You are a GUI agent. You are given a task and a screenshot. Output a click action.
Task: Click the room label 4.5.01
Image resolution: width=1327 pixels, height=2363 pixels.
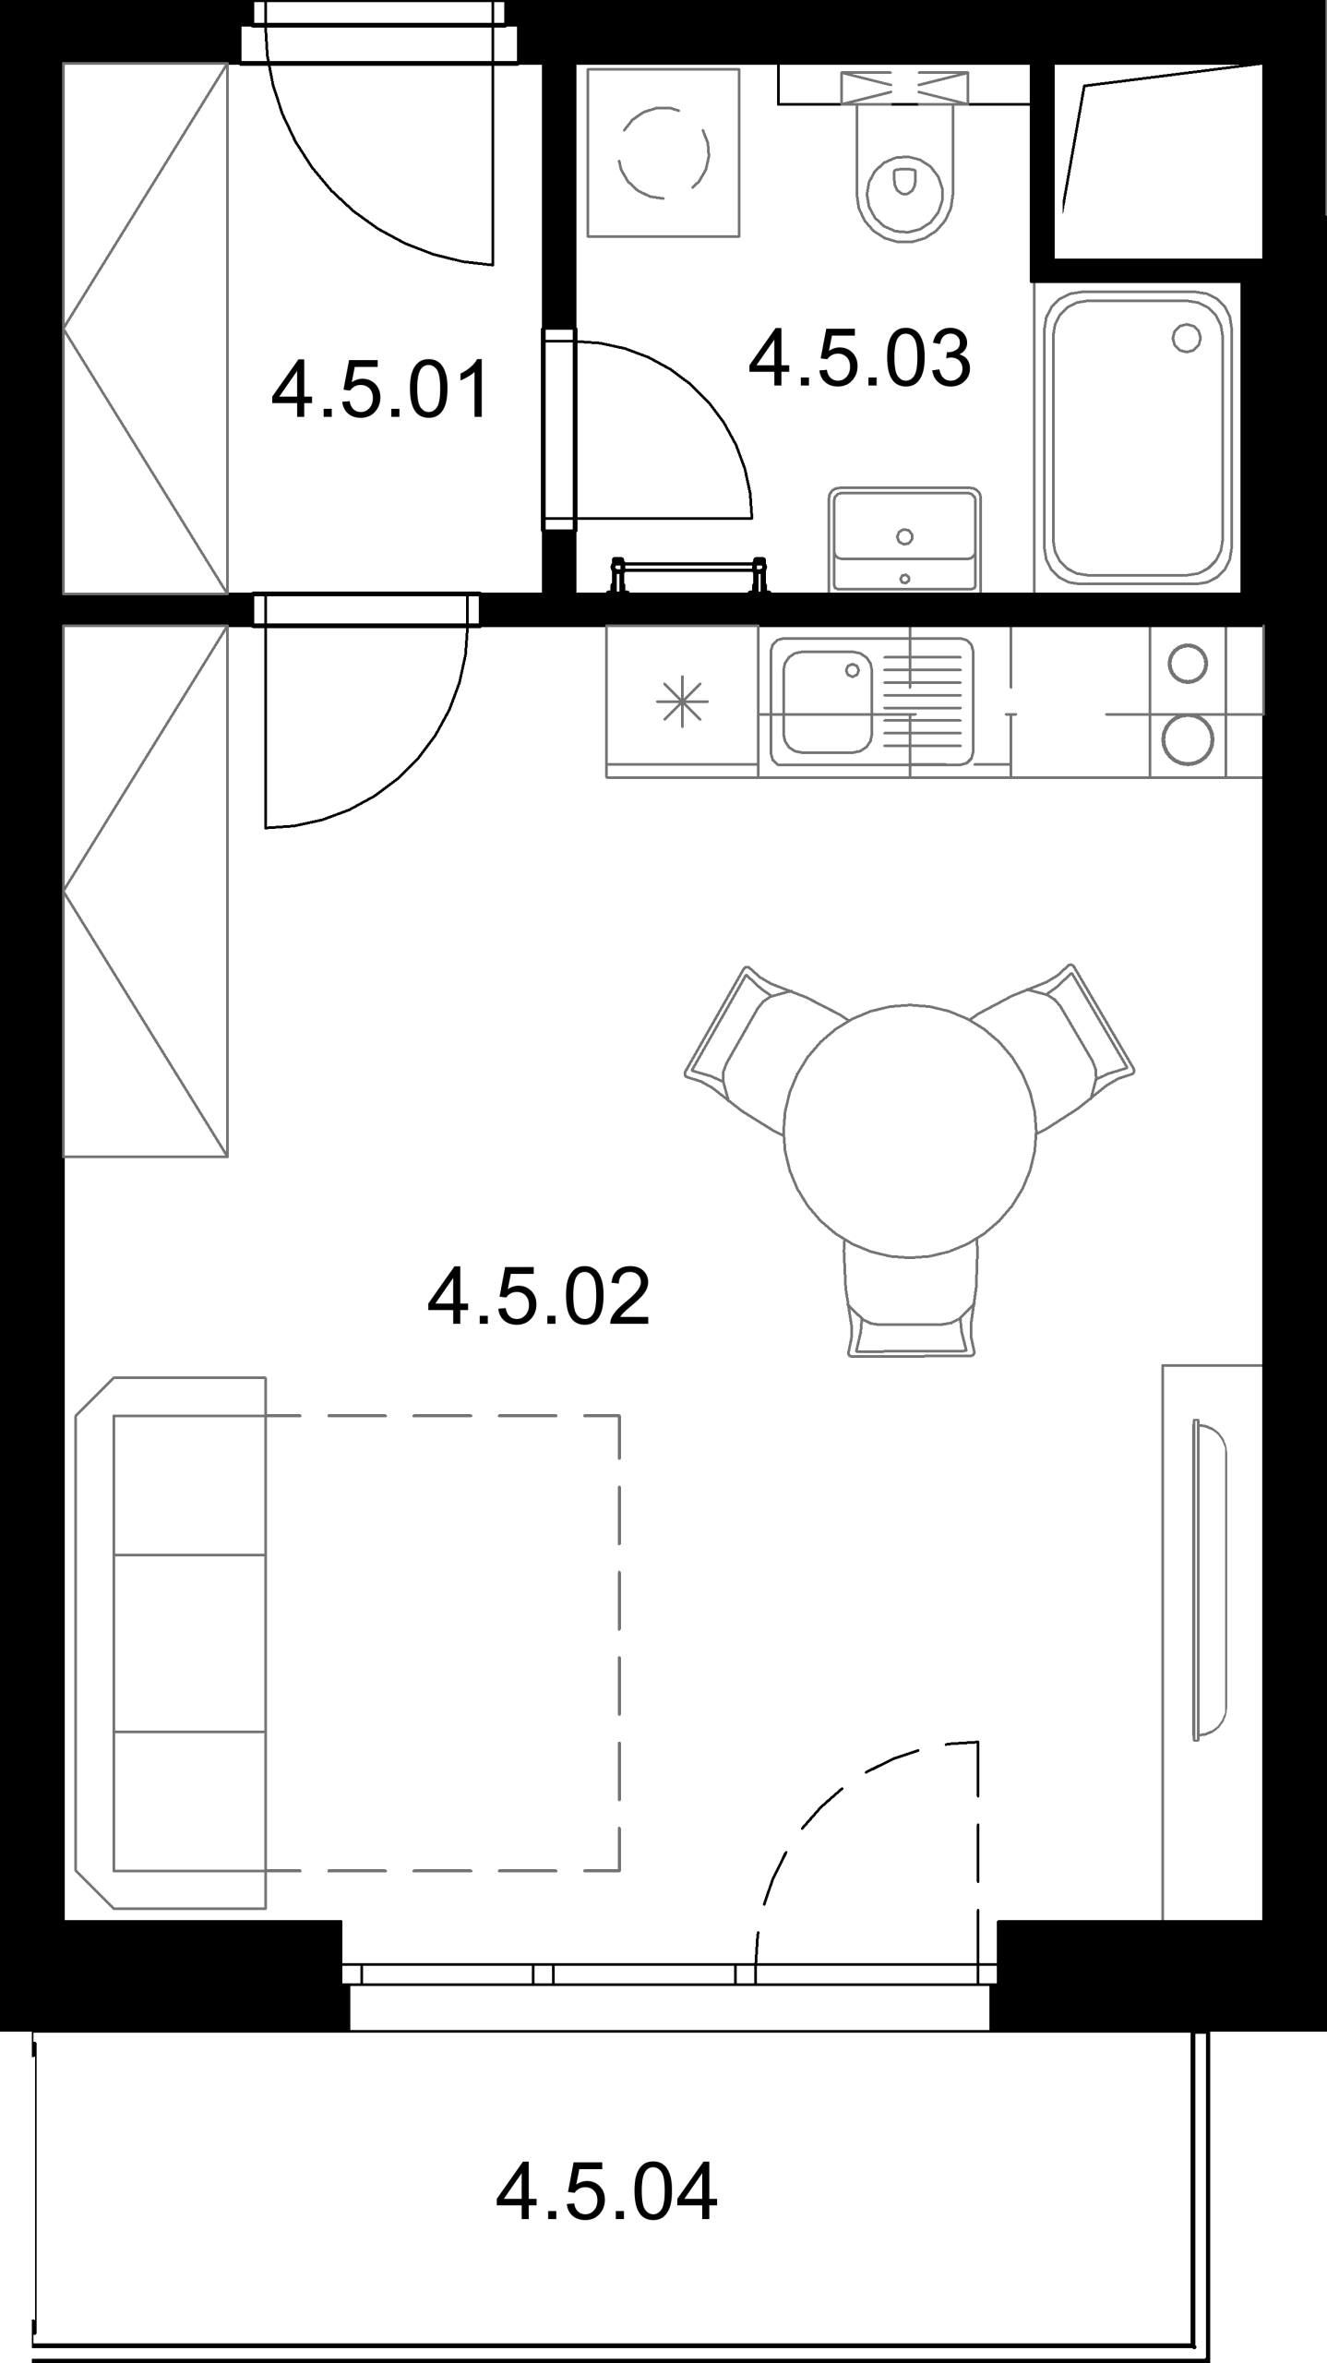[381, 390]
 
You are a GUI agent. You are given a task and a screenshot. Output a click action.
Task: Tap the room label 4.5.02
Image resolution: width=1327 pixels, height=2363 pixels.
[539, 1296]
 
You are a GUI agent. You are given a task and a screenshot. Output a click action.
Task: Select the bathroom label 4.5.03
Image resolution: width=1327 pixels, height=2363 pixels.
[860, 357]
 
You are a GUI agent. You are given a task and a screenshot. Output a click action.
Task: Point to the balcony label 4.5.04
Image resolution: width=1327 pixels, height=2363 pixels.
[606, 2191]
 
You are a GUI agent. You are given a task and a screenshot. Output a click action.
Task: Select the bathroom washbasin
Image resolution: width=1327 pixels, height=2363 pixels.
[904, 539]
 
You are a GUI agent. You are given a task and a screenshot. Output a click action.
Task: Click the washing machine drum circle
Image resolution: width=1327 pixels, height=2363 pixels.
[664, 152]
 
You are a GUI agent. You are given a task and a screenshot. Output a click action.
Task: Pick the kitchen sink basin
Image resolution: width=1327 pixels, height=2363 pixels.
[828, 702]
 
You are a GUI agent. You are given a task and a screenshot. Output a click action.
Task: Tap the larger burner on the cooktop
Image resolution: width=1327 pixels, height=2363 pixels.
[1187, 739]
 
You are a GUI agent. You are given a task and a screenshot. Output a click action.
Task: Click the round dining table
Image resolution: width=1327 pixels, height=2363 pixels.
[909, 1132]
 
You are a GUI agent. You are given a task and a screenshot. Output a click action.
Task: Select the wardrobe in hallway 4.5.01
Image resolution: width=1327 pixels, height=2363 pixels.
[145, 328]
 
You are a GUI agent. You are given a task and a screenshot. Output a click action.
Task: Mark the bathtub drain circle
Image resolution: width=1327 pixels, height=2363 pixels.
[1186, 339]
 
